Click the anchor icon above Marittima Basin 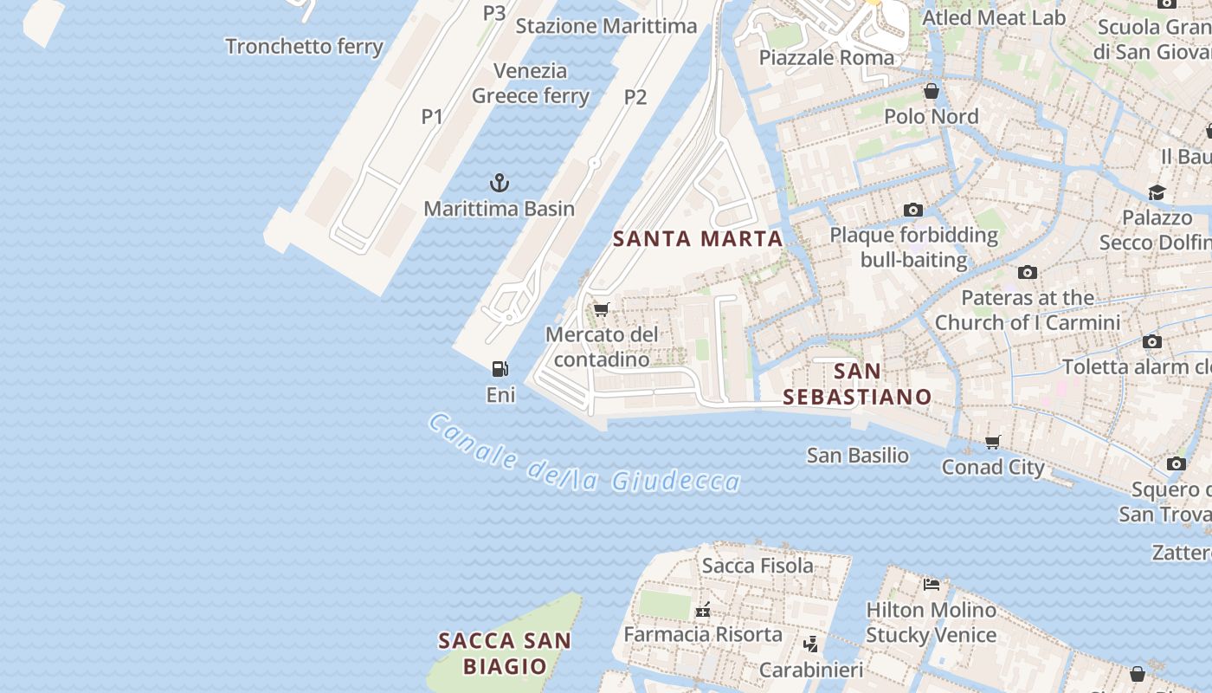pos(500,183)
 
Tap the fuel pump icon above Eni pos(500,369)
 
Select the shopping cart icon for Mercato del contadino pos(602,309)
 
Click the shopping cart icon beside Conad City pos(993,443)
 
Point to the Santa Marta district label pos(698,239)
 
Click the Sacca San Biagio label pos(505,653)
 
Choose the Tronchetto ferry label pos(304,46)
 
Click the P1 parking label pos(432,116)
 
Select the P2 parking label pos(635,97)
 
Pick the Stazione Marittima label pos(606,26)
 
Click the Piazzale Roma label pos(827,58)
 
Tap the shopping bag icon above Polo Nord pos(932,91)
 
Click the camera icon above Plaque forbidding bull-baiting pos(912,210)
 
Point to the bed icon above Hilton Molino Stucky pos(932,584)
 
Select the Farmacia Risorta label pos(703,634)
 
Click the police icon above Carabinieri pos(811,644)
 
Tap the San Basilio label pos(858,456)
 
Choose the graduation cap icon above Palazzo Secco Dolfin pos(1157,192)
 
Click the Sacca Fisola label pos(757,566)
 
